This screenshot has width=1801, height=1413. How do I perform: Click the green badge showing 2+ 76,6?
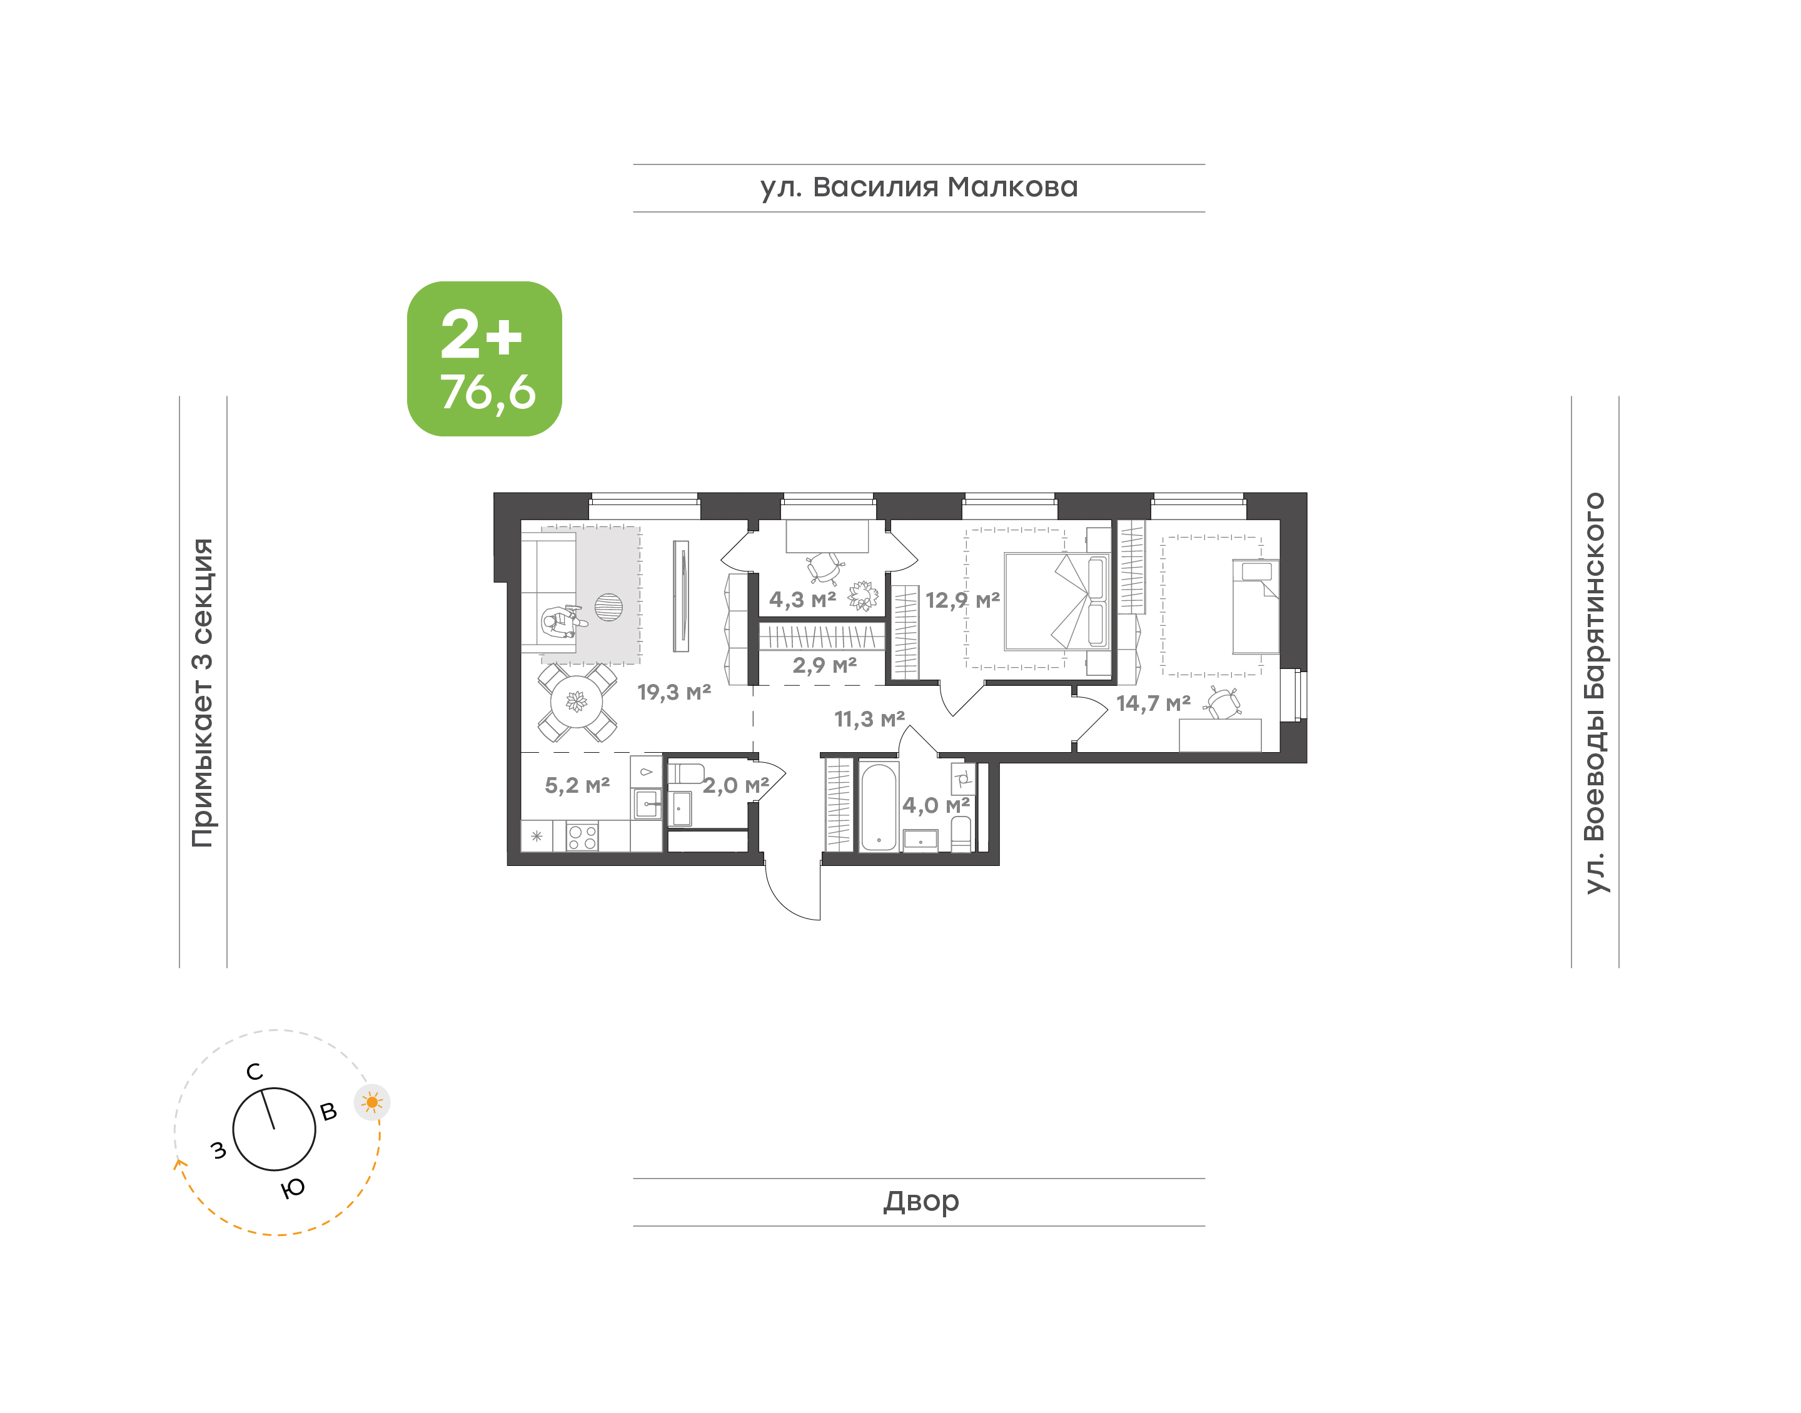(x=484, y=358)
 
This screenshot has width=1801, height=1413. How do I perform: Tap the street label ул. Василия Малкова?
(x=919, y=187)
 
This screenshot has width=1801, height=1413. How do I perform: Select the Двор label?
(x=921, y=1200)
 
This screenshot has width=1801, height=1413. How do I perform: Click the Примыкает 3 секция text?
(x=203, y=693)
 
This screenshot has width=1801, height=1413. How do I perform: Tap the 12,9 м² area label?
(x=962, y=600)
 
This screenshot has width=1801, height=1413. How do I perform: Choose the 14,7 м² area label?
(x=1153, y=703)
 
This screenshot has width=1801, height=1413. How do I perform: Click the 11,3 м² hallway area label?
(x=869, y=719)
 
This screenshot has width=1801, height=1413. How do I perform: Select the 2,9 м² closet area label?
(x=824, y=665)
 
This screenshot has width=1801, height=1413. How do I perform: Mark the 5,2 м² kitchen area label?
(x=577, y=785)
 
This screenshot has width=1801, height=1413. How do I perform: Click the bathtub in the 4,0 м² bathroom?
(x=879, y=807)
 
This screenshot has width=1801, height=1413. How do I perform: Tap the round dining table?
(x=577, y=702)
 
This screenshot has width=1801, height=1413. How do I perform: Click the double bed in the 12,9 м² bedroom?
(x=1056, y=601)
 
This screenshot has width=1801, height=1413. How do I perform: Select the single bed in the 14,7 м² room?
(x=1255, y=607)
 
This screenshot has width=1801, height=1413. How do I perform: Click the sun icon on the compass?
(x=372, y=1102)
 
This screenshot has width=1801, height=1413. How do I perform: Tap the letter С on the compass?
(x=255, y=1072)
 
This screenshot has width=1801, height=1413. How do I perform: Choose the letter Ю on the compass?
(x=293, y=1188)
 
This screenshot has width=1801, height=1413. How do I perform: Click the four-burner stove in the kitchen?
(x=582, y=837)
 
